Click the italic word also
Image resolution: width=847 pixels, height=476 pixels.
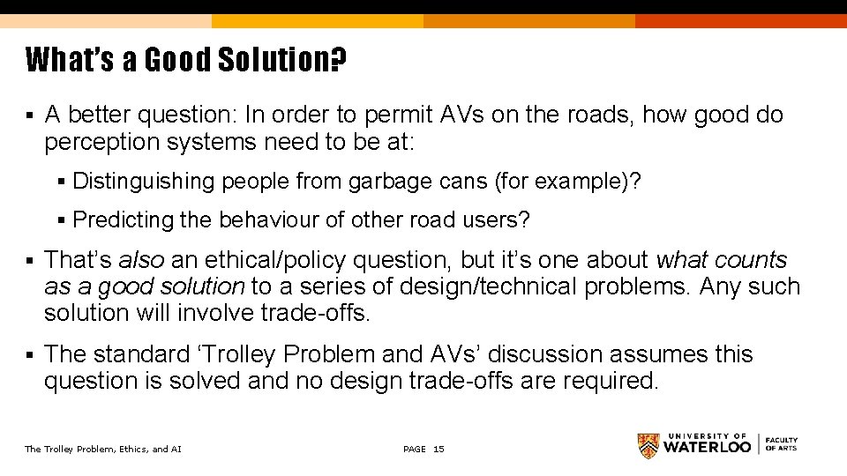(x=141, y=260)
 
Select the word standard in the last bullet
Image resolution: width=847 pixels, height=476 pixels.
(x=142, y=354)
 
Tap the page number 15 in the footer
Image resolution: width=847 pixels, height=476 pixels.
(x=438, y=450)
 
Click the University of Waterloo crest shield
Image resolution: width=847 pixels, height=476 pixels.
(x=648, y=446)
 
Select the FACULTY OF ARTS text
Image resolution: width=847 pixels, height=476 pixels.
(x=781, y=444)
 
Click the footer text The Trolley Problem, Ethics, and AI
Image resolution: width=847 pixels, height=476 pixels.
(x=103, y=450)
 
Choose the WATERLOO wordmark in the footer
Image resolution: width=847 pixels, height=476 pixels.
(x=708, y=447)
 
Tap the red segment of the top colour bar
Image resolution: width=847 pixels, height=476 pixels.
(x=741, y=20)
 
